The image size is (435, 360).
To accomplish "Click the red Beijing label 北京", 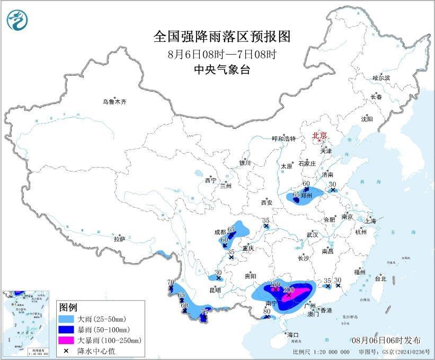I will [x=320, y=135].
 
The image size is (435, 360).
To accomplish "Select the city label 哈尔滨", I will [x=380, y=78].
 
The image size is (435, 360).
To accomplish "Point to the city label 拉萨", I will [x=119, y=239].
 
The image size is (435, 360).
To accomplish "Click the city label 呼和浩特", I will [x=283, y=138].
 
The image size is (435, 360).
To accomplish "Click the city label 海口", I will [x=293, y=335].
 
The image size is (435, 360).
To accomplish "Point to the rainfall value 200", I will [x=289, y=289].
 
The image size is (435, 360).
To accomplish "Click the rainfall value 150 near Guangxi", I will [x=275, y=284].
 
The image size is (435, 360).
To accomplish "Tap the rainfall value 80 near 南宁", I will [x=267, y=311].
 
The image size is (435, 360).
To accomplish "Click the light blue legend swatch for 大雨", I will [x=67, y=320].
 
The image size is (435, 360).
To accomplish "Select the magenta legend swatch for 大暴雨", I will [x=67, y=340].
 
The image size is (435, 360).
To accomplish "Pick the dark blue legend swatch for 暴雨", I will [x=67, y=330].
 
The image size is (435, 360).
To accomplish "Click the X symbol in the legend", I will [x=67, y=350].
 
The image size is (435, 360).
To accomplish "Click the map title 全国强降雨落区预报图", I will [x=222, y=37].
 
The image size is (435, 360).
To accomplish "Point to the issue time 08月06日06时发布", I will [x=386, y=340].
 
